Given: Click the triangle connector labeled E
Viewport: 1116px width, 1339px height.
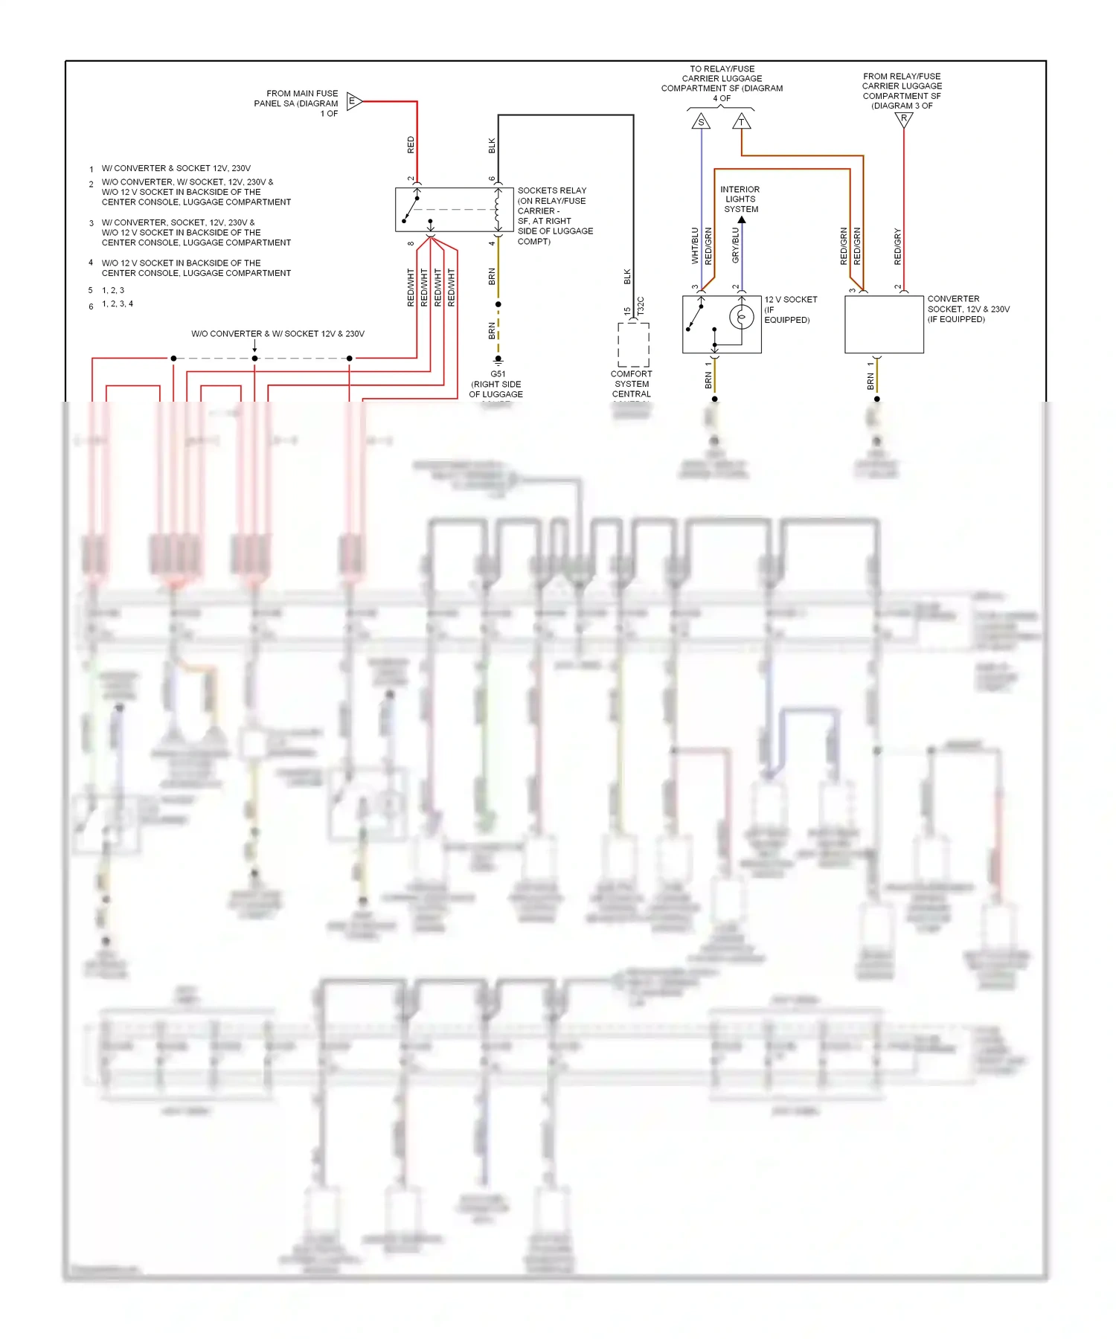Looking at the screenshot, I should point(353,101).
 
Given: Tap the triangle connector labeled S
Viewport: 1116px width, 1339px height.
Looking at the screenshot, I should point(701,121).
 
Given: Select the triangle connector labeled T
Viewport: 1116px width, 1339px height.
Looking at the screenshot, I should point(741,121).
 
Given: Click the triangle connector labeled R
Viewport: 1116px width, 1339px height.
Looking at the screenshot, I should point(903,119).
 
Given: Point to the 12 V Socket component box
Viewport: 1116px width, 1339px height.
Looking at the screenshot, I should point(721,324).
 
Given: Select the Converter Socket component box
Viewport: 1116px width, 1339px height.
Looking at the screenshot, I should point(884,324).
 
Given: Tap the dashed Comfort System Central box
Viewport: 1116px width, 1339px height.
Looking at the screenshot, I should point(633,344).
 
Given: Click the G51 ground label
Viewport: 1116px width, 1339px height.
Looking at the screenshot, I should point(498,374).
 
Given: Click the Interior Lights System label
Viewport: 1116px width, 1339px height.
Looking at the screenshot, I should point(740,199).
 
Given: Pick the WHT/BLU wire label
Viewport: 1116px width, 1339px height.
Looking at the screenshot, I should point(695,246).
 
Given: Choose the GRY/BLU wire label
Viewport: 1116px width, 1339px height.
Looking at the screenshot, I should point(735,245).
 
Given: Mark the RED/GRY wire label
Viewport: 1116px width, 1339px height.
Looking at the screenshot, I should point(897,247).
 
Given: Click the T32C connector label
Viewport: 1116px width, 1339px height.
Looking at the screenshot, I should point(641,306).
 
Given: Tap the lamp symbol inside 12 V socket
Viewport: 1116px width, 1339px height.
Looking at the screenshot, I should point(741,317).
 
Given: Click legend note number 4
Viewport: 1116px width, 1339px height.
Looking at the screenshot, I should point(91,263).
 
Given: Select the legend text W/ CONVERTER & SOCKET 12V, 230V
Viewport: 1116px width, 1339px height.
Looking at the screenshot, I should point(176,168).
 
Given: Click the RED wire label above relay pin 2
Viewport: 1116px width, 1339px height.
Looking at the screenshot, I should point(411,145).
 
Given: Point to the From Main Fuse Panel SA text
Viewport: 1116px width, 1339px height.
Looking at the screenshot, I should point(297,103).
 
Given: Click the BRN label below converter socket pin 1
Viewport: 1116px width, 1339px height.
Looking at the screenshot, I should point(870,382).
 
